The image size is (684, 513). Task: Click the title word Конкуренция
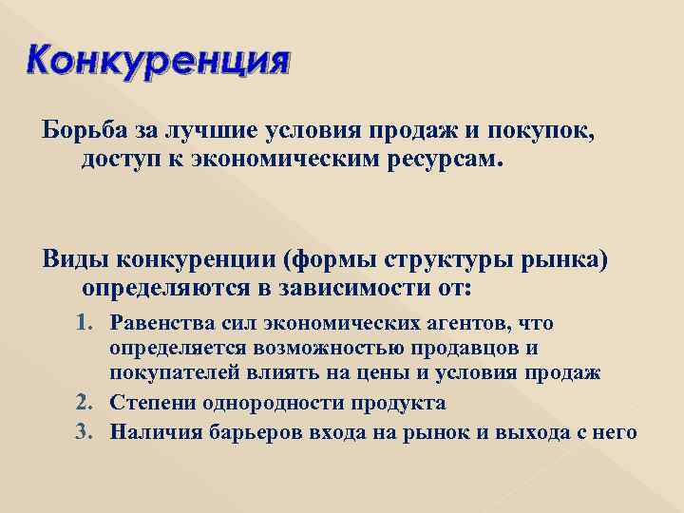coord(157,62)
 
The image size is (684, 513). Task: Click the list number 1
coord(84,324)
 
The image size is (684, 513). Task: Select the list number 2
coord(84,402)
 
